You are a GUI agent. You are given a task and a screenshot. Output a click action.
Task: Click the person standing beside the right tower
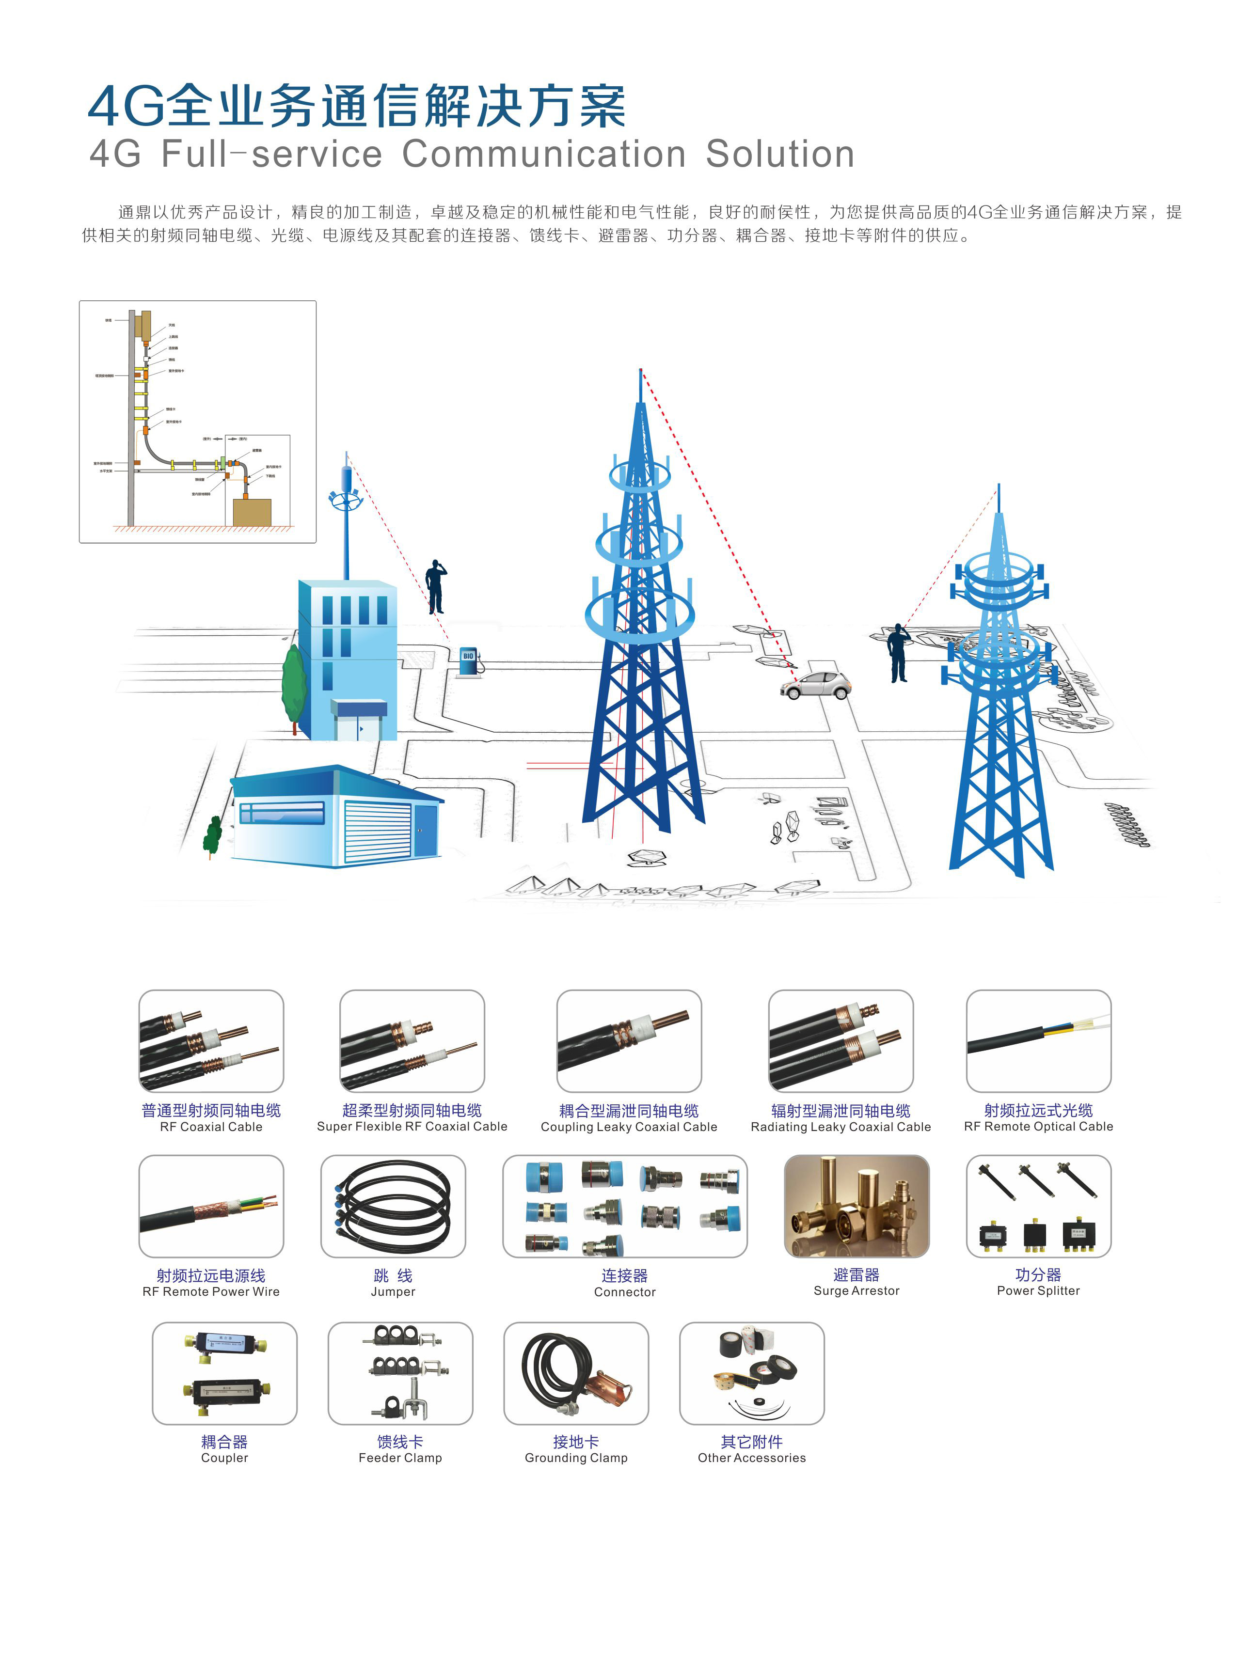coord(898,653)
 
